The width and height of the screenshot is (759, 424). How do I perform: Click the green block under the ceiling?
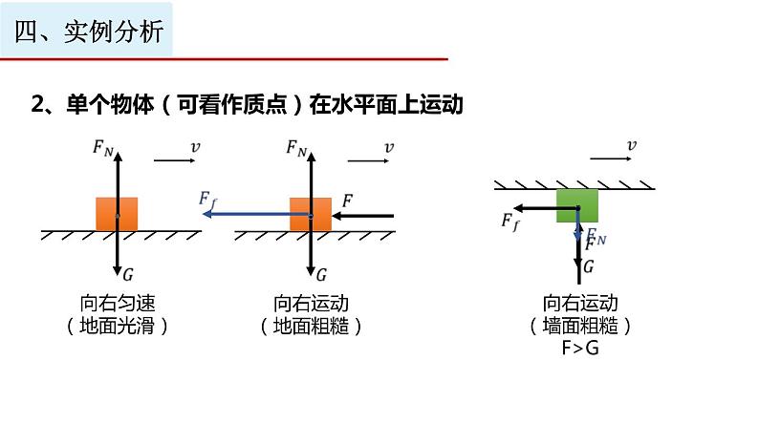pyautogui.click(x=576, y=205)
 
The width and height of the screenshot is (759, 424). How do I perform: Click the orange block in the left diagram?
pyautogui.click(x=117, y=213)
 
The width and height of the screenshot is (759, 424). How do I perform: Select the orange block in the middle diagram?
pyautogui.click(x=311, y=213)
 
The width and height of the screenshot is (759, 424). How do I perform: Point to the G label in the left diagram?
pyautogui.click(x=128, y=274)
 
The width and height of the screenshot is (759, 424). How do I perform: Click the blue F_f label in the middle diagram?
pyautogui.click(x=207, y=199)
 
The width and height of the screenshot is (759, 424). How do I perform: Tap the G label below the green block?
pyautogui.click(x=589, y=266)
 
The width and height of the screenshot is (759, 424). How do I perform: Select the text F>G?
pyautogui.click(x=580, y=348)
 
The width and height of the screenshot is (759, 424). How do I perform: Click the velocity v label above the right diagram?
pyautogui.click(x=631, y=145)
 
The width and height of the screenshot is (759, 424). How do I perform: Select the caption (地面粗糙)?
pyautogui.click(x=311, y=326)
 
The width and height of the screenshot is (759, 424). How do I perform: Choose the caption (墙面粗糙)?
pyautogui.click(x=580, y=326)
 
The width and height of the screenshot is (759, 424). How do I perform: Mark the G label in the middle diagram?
pyautogui.click(x=322, y=274)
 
